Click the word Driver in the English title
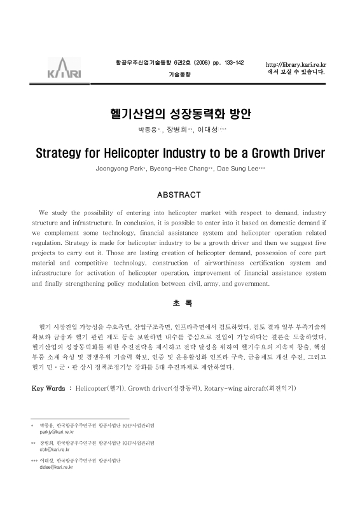[x=302, y=153]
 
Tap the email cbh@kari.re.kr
[x=53, y=449]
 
